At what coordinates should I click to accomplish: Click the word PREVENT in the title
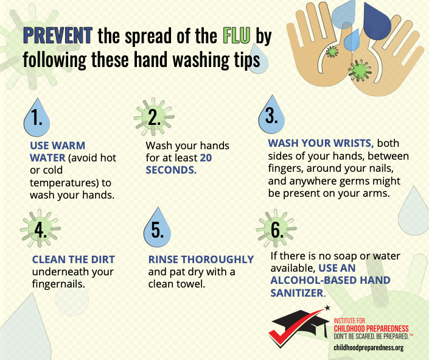click(58, 35)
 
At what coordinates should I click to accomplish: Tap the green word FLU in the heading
click(236, 35)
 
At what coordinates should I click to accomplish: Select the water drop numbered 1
click(37, 118)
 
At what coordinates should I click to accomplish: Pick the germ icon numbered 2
click(154, 117)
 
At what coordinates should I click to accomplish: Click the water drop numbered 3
click(271, 115)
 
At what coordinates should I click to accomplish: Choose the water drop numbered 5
click(158, 228)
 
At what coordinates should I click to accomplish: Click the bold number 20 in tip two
click(206, 158)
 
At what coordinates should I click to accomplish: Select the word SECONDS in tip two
click(171, 170)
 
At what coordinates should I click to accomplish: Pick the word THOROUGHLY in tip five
click(217, 259)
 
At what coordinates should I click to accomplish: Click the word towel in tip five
click(191, 284)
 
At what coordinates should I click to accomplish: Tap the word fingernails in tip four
click(58, 284)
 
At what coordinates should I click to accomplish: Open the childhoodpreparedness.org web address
click(369, 348)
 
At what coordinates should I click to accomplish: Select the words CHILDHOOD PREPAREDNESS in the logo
click(371, 328)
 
